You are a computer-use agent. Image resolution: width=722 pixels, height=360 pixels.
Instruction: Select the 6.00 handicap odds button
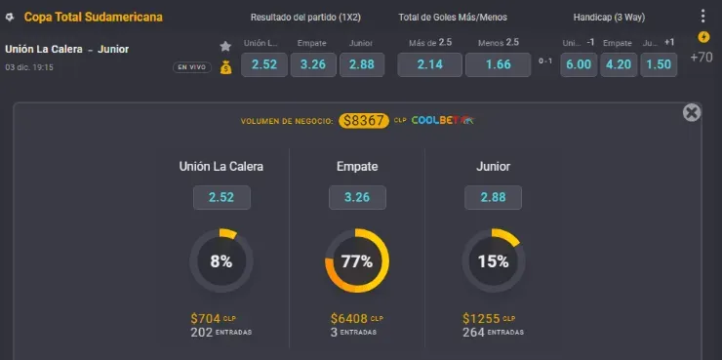579,64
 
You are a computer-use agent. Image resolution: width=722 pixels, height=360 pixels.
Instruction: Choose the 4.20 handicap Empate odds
619,64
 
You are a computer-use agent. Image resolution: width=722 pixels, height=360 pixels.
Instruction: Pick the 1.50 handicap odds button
659,64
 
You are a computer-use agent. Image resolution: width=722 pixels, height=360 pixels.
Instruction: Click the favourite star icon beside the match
225,46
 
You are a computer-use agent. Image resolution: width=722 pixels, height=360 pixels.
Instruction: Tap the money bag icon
225,66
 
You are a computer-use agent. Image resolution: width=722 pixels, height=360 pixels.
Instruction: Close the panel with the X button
692,112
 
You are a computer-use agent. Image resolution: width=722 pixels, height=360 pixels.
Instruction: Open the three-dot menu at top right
702,17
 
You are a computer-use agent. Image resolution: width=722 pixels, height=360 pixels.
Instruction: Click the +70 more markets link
701,58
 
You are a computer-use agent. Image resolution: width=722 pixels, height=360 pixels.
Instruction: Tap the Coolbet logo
442,121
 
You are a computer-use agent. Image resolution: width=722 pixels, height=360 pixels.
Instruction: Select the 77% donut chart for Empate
356,260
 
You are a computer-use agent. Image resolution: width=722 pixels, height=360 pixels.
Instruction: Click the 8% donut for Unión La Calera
221,260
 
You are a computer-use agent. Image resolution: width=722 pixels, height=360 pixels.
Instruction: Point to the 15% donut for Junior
494,260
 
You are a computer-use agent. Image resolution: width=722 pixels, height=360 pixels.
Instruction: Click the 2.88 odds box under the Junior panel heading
494,198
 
